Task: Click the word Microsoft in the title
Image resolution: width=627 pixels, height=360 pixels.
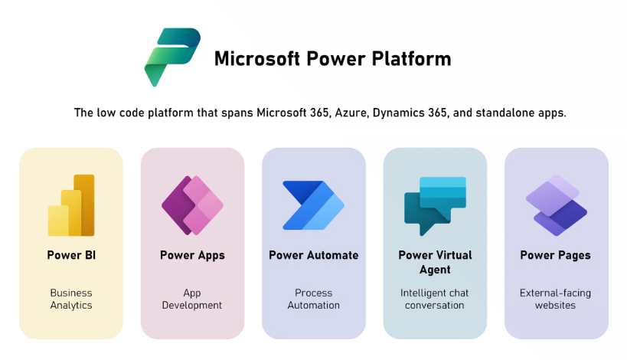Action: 256,59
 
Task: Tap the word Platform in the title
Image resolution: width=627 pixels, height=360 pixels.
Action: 411,59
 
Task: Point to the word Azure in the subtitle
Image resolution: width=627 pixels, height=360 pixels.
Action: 351,113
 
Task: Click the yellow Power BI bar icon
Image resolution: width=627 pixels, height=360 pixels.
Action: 71,205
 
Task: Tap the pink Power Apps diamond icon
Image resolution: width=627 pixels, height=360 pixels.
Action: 192,205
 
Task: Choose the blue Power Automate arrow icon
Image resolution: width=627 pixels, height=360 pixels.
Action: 314,205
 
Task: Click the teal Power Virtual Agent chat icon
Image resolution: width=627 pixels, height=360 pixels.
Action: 435,205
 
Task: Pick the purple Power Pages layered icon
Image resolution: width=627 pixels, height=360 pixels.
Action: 557,205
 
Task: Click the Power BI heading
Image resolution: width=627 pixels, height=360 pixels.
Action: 71,255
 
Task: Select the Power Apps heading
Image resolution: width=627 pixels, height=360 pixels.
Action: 192,256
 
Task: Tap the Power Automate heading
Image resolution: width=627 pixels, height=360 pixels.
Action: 314,255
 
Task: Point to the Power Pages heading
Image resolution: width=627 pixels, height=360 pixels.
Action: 556,256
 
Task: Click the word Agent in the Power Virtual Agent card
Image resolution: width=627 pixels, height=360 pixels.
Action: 435,270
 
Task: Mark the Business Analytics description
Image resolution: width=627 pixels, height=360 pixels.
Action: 71,299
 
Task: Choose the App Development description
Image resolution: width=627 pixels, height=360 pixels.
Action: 192,299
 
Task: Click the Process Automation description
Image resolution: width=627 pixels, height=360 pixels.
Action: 314,299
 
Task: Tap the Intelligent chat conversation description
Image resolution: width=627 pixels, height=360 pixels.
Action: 435,299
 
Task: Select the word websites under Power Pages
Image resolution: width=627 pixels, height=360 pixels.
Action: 556,305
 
